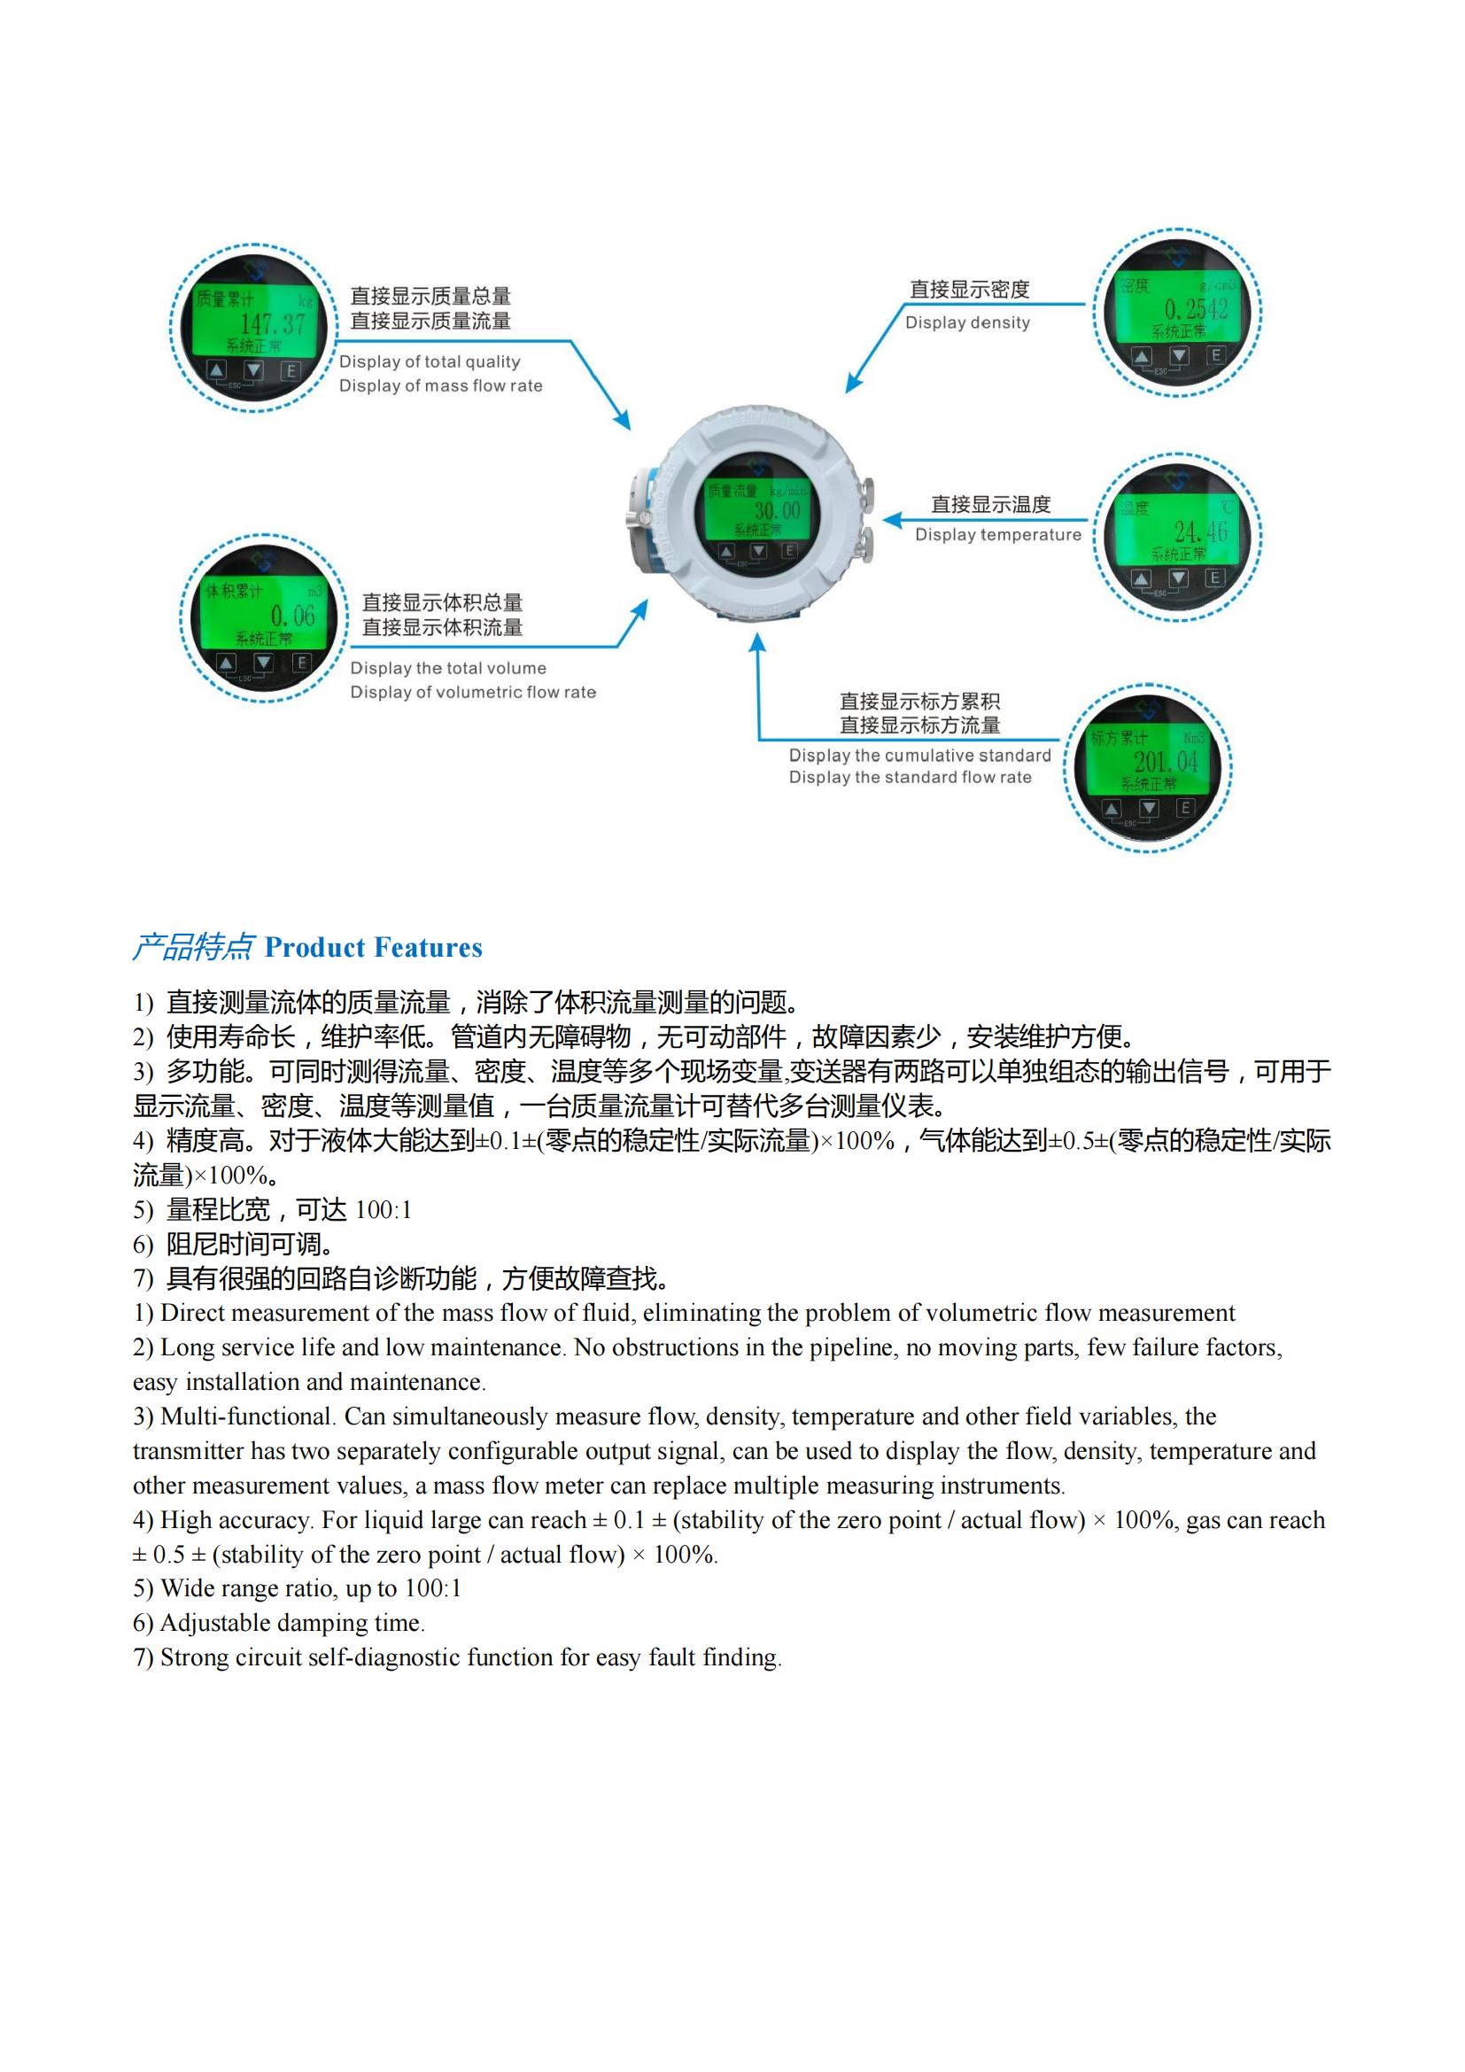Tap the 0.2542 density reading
(x=1196, y=309)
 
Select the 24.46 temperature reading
(x=1200, y=532)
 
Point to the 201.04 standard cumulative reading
(x=1166, y=762)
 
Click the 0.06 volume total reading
(x=293, y=617)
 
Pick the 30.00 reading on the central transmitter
(x=777, y=511)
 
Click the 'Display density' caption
(x=967, y=323)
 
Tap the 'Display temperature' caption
(x=997, y=535)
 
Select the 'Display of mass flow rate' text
(x=440, y=386)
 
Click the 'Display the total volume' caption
(x=447, y=669)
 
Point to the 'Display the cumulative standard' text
(x=919, y=756)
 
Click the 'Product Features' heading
(x=373, y=948)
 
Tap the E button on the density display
(x=1215, y=355)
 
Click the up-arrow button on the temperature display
(x=1141, y=578)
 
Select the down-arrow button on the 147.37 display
(x=253, y=370)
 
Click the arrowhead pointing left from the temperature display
(x=891, y=520)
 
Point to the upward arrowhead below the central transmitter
(x=758, y=642)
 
